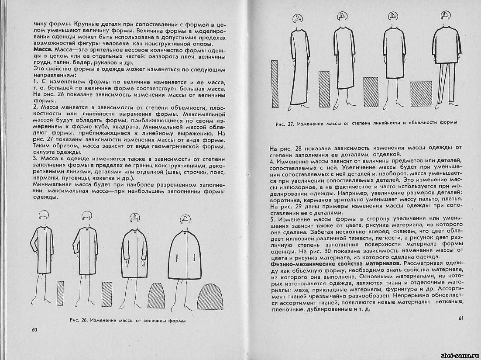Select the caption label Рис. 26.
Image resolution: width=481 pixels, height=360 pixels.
click(79, 320)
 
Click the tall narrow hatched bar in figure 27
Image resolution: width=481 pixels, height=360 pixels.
click(274, 84)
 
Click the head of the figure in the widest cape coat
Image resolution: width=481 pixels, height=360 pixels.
click(185, 218)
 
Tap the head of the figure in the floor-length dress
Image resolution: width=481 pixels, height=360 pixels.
click(297, 20)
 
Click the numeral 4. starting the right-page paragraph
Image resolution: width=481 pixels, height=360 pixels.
click(272, 162)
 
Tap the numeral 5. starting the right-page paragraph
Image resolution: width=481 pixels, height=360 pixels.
click(272, 218)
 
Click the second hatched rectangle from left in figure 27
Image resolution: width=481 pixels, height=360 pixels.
click(323, 89)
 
